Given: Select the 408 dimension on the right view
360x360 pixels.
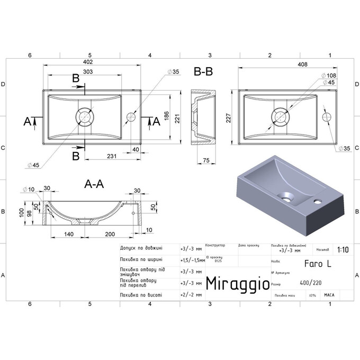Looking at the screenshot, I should tap(287, 65).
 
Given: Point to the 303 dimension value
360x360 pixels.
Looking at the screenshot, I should tap(88, 72).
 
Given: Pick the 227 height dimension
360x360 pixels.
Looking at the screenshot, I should tap(229, 119).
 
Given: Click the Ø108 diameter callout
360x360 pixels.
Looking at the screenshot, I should tap(330, 75).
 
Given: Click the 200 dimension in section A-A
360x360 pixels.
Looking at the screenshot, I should tap(110, 233).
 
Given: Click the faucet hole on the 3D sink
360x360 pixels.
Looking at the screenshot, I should tap(319, 201).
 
